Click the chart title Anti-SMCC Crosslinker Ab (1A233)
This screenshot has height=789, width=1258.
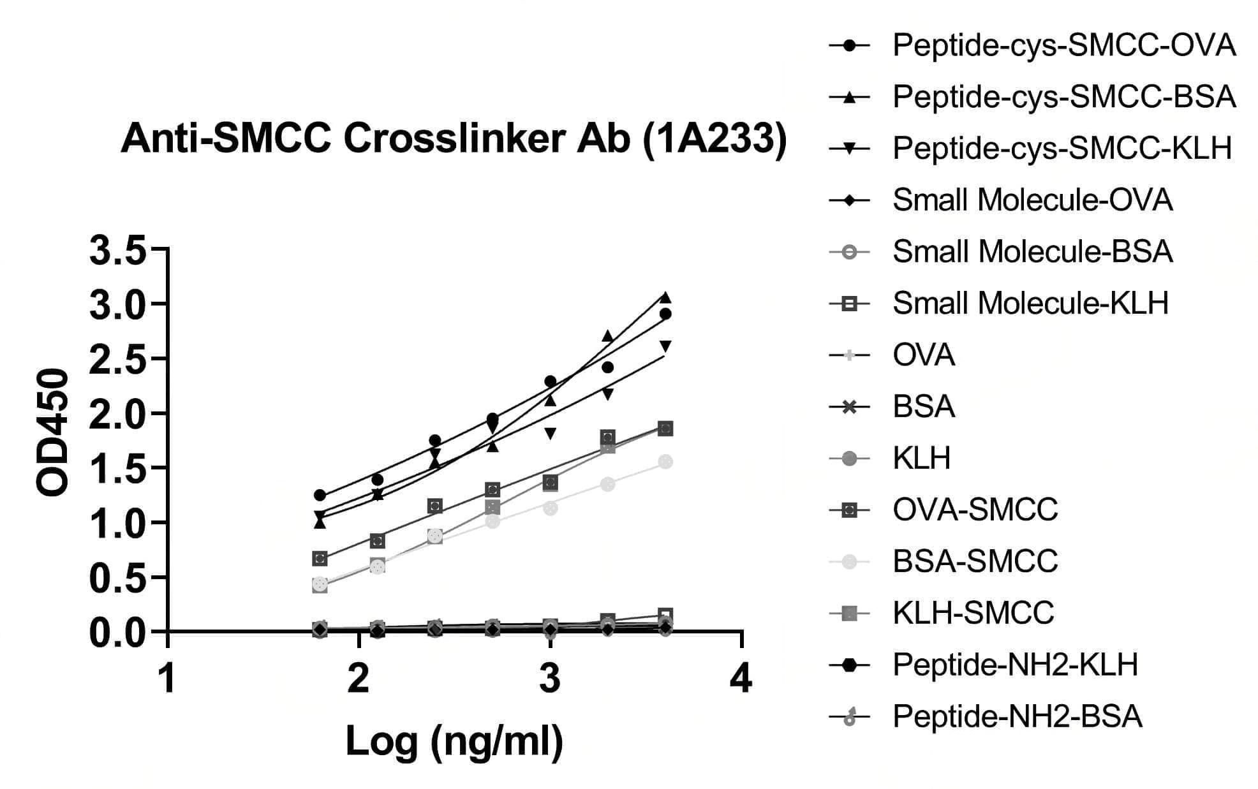point(454,139)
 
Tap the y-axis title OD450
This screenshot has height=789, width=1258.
point(52,432)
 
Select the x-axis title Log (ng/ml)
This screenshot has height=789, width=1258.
point(454,741)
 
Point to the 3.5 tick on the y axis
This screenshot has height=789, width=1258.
point(118,250)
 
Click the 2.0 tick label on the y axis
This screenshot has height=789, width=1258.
point(118,414)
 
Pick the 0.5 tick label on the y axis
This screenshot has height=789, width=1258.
point(118,578)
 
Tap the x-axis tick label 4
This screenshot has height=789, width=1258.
point(741,678)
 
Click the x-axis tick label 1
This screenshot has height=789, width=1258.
point(168,678)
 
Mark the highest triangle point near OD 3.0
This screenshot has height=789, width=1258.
point(665,297)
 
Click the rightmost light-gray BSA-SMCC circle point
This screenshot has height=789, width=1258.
point(665,462)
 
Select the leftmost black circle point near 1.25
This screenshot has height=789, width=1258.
point(320,495)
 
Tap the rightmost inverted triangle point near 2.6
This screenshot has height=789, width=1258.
point(665,346)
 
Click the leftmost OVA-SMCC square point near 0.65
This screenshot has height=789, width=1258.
point(320,559)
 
